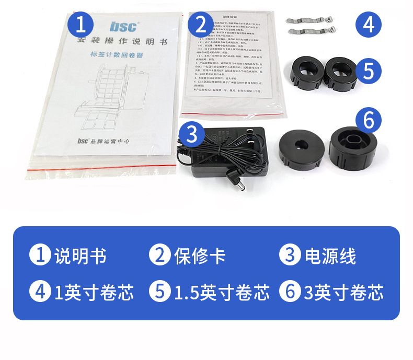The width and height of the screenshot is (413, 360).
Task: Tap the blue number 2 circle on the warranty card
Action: point(200,25)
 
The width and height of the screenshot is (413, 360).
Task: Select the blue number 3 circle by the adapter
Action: point(191,134)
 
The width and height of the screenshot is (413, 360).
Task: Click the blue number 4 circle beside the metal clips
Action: point(369,25)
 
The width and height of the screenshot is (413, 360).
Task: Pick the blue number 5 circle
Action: point(369,71)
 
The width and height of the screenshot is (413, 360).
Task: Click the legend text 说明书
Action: point(81,256)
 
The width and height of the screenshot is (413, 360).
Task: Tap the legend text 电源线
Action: point(330,256)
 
